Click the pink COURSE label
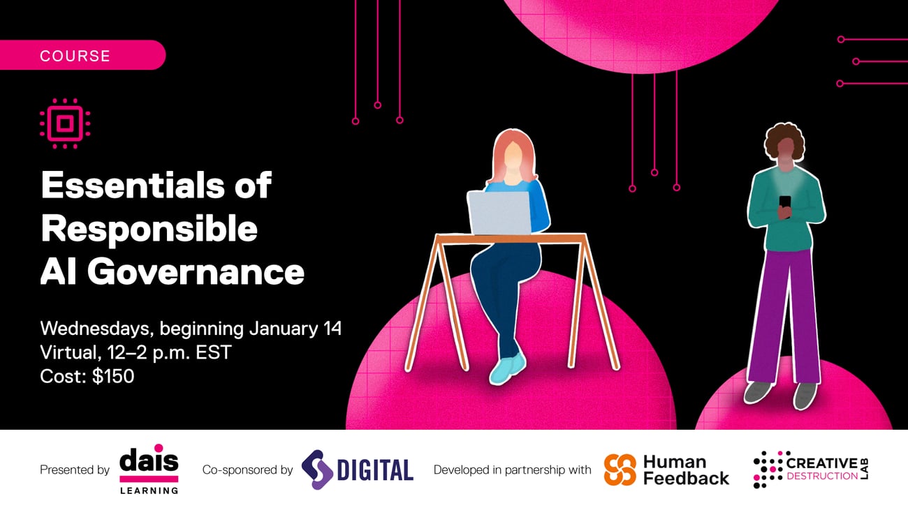click(x=75, y=56)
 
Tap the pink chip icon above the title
click(x=65, y=123)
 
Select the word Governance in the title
click(x=196, y=271)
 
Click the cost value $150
click(x=113, y=376)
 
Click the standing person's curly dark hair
click(x=784, y=140)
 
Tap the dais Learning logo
click(x=149, y=469)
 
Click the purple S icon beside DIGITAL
click(x=316, y=470)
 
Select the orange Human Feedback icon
click(x=620, y=470)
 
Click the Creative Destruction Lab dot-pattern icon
click(x=768, y=470)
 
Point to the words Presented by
click(x=75, y=470)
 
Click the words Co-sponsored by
click(x=247, y=470)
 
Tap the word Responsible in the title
click(x=149, y=229)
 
